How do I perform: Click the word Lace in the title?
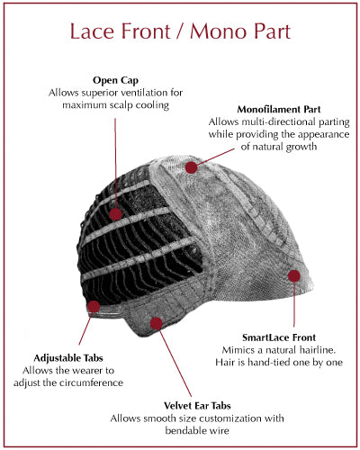pos(91,31)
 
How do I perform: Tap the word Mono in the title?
pos(220,31)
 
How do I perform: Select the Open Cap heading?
pos(115,80)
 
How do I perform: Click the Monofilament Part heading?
pos(279,109)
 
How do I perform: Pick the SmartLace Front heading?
pos(279,337)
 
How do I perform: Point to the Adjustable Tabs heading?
pos(68,358)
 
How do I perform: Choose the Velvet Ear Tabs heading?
pos(197,406)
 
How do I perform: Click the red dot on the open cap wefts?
pos(115,214)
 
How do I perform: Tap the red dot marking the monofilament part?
pos(191,167)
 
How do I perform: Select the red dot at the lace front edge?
pos(294,276)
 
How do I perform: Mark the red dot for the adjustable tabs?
pos(94,307)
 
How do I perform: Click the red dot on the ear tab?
pos(156,323)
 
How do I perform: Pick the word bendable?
pos(184,430)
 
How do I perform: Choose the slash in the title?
pos(180,31)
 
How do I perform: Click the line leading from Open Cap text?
pos(115,163)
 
